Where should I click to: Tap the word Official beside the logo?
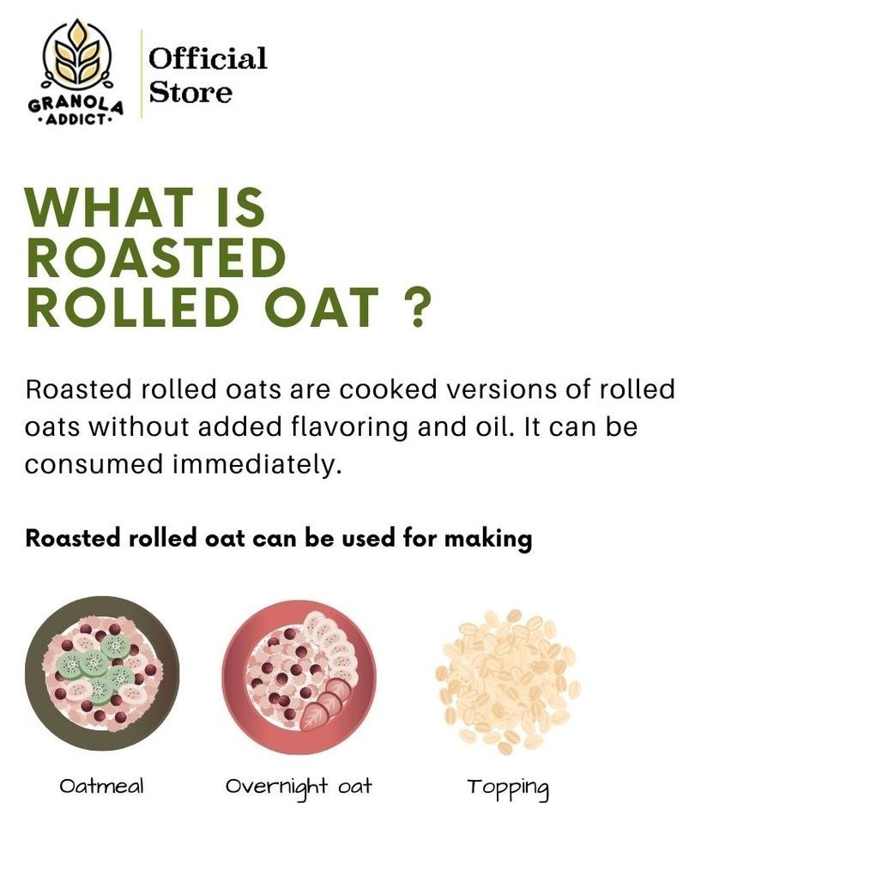208,59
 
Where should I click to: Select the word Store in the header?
190,93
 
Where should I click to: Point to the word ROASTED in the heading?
156,257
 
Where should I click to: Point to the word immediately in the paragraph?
257,464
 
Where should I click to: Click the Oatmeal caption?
101,785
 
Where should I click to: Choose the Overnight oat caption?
299,787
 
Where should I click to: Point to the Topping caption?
507,788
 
